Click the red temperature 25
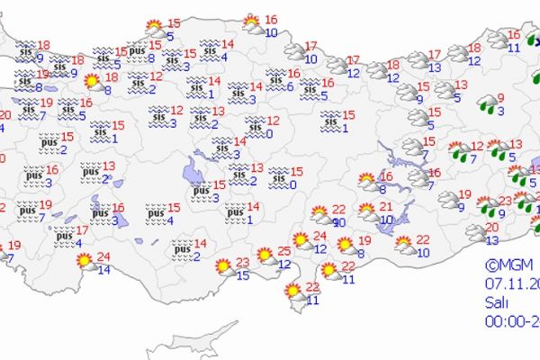(283, 250)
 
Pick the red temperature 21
(389, 208)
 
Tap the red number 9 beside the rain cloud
(500, 98)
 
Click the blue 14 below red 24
(104, 269)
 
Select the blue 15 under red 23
(242, 274)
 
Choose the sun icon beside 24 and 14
(85, 262)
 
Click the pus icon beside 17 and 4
(63, 237)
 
